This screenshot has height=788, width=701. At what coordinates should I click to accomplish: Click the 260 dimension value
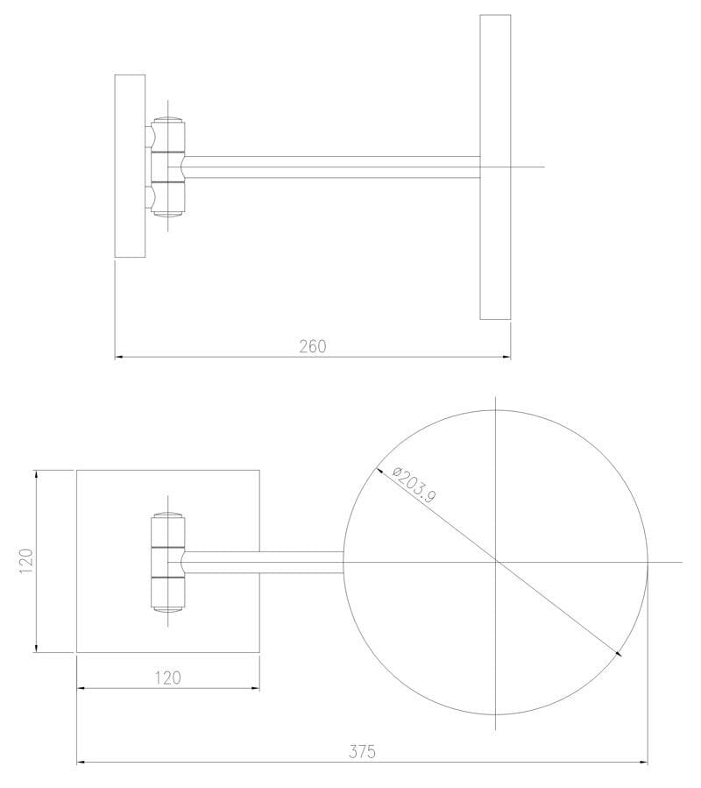pos(312,346)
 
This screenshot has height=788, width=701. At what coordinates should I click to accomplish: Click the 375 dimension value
pos(361,751)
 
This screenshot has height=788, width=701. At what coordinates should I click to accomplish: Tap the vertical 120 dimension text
pos(25,561)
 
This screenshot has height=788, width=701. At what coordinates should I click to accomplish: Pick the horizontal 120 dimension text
pos(167,677)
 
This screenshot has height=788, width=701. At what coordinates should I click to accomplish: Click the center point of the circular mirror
pos(496,561)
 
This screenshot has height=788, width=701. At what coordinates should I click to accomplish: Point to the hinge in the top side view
pos(167,167)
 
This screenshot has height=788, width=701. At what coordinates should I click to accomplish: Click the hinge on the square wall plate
pos(167,561)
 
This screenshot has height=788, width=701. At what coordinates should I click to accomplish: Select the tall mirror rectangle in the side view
pos(495,167)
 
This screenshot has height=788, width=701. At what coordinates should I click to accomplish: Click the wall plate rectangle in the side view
pos(130,167)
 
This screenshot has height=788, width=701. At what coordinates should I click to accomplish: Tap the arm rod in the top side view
pos(333,167)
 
